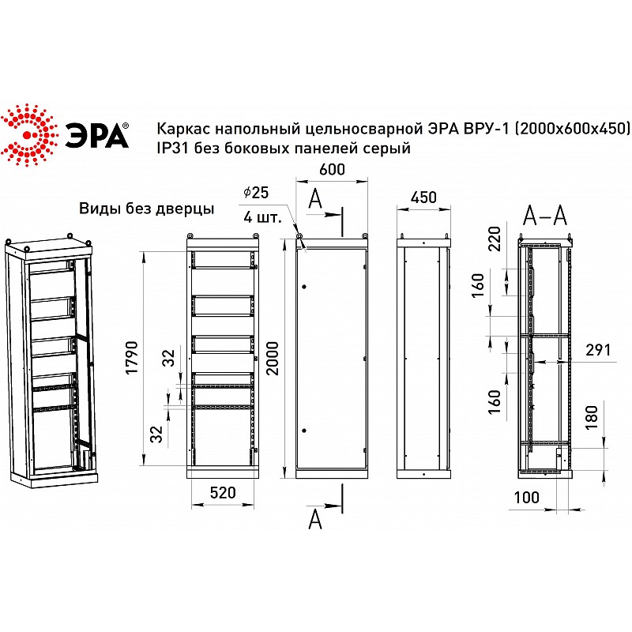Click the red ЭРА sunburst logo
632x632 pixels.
click(x=27, y=134)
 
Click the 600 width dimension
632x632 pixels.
click(x=332, y=170)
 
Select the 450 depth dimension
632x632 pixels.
click(x=423, y=197)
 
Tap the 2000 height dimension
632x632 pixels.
click(x=273, y=359)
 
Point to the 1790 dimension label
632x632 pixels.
click(x=132, y=358)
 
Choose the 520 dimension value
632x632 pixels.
click(x=223, y=492)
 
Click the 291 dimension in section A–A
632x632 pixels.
click(x=598, y=350)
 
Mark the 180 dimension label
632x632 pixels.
click(x=591, y=417)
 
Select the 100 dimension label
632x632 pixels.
click(x=526, y=498)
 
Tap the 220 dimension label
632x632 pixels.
click(x=495, y=239)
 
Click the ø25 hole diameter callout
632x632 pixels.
click(x=256, y=193)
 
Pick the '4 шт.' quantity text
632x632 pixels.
click(x=262, y=218)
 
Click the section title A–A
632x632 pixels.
click(x=545, y=216)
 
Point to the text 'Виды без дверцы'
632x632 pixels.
click(x=147, y=209)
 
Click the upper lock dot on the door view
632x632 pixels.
click(x=304, y=287)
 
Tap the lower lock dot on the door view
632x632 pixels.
click(x=304, y=431)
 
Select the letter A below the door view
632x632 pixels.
click(x=315, y=520)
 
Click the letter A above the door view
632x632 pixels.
click(x=315, y=199)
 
